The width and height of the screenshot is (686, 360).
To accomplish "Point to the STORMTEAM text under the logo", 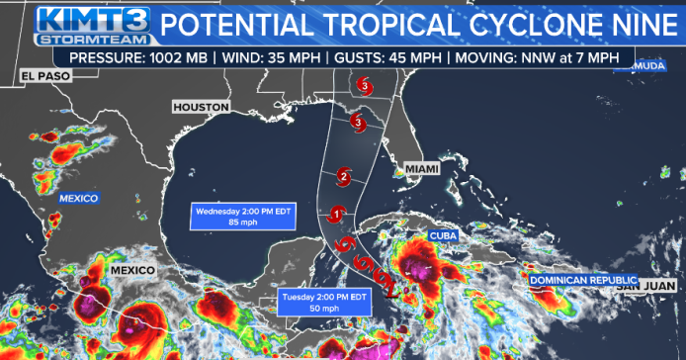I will pos(95,40).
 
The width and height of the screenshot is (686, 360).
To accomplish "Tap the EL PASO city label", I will pos(42,76).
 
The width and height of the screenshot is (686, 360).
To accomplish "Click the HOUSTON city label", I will pos(201,106).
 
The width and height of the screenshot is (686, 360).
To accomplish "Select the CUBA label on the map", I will pos(442,235).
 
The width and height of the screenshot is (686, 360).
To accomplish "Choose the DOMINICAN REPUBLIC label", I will pos(580,281).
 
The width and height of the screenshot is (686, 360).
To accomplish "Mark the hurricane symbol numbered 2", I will pos(343,177).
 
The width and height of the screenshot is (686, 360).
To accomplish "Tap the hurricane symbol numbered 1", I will pos(336,214).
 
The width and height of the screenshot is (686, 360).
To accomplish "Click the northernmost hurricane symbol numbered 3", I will pos(366,86).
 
